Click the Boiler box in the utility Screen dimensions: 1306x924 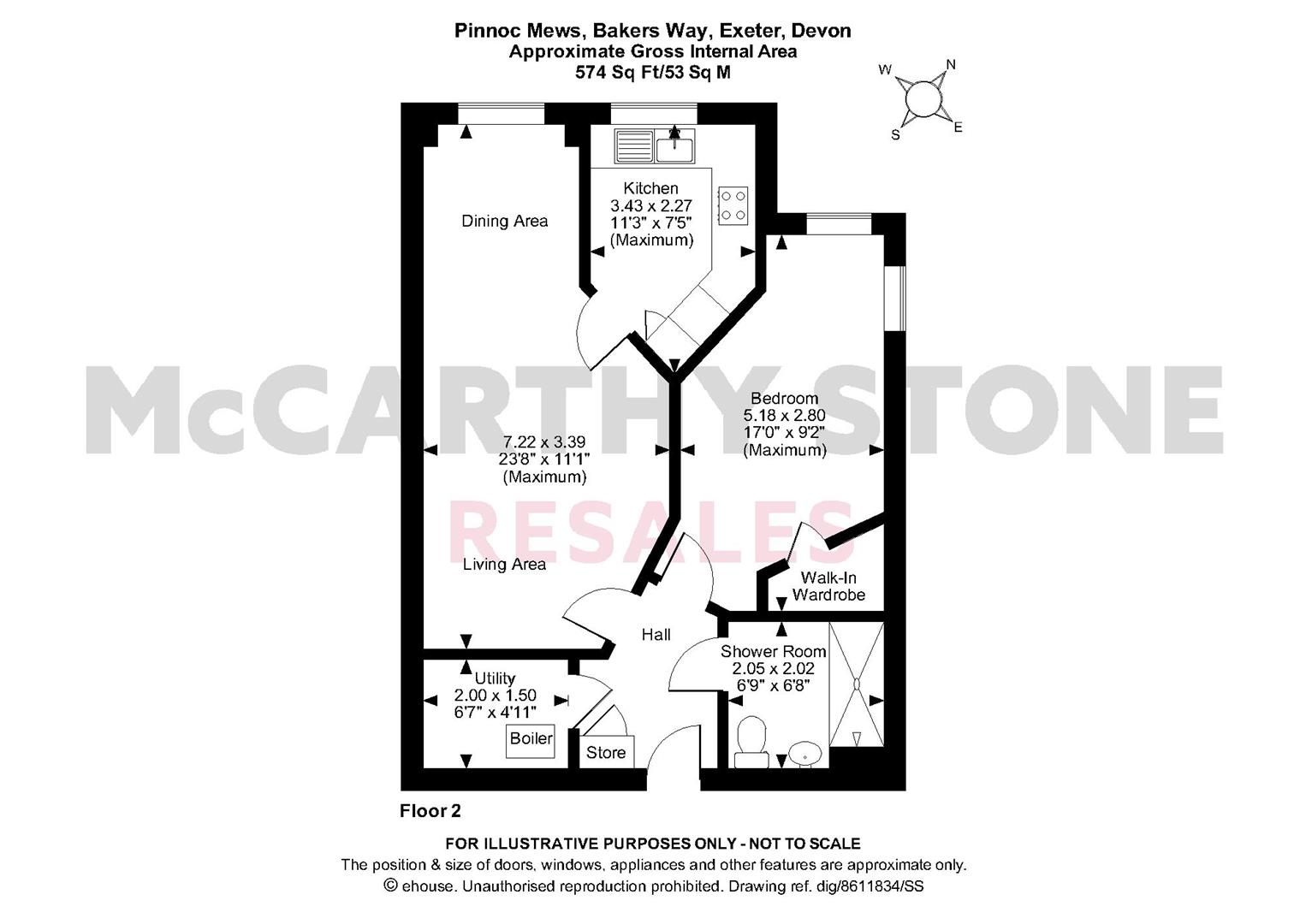click(531, 741)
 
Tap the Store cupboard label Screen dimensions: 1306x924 click(606, 753)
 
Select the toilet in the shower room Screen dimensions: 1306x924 click(751, 742)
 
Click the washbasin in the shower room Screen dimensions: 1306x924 click(805, 754)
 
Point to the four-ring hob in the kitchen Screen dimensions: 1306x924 click(733, 205)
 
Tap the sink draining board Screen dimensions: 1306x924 click(633, 146)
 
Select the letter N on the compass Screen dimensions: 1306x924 click(951, 65)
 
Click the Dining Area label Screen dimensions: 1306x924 click(504, 221)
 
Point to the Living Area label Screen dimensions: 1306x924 click(504, 565)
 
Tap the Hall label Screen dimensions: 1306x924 click(656, 634)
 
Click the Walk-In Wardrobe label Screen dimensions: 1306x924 click(828, 586)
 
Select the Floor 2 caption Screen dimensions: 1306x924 click(430, 811)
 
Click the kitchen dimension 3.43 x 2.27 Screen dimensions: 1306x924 click(651, 206)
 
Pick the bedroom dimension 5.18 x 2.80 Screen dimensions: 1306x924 click(784, 416)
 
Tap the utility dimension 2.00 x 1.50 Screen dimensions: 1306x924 click(495, 696)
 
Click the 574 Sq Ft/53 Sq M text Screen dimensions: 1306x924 click(653, 72)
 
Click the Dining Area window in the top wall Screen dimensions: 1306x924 click(501, 114)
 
